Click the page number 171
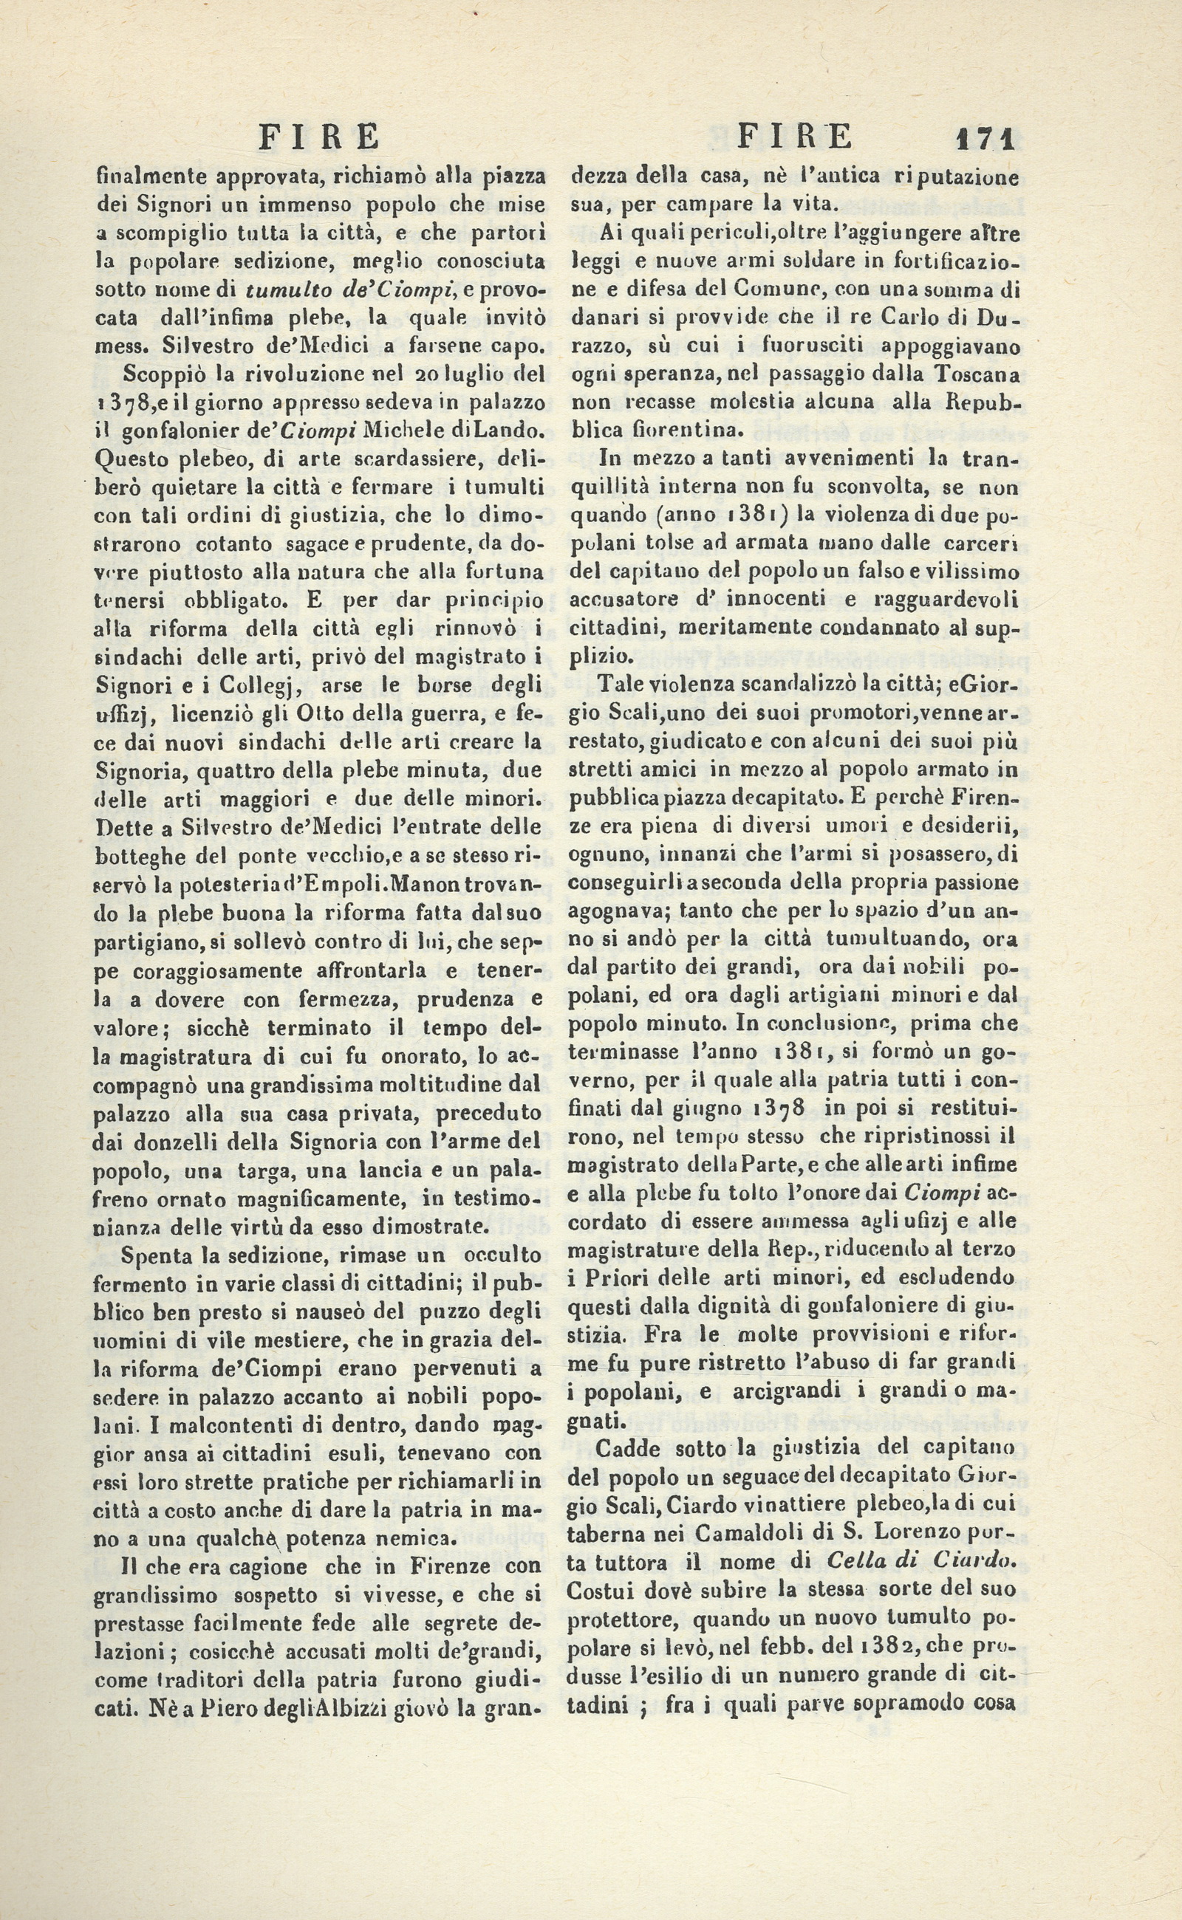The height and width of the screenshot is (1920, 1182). coord(985,139)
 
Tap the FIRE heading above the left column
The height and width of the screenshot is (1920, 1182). coord(319,137)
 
